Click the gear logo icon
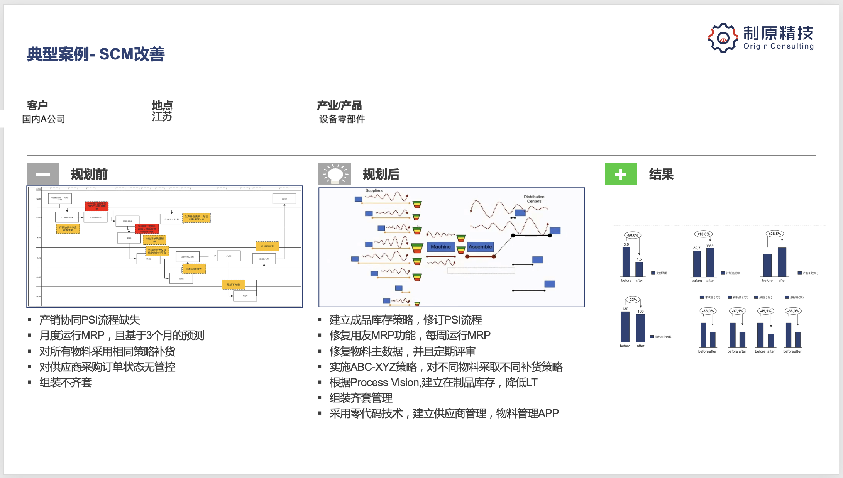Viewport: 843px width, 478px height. pos(723,37)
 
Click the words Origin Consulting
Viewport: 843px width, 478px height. pos(778,46)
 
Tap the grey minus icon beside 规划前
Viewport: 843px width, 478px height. pos(43,174)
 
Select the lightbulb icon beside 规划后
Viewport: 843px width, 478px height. pos(334,174)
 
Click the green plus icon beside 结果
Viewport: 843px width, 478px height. pos(621,175)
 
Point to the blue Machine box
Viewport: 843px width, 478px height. pos(440,247)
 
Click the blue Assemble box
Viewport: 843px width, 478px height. pos(480,247)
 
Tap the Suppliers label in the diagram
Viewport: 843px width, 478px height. pos(374,190)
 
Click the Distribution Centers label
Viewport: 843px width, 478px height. pos(534,199)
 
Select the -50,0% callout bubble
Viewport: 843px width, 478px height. pos(633,235)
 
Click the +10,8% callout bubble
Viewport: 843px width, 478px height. pos(703,234)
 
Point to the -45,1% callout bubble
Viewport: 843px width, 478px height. pos(765,311)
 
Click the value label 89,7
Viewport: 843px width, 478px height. pos(697,248)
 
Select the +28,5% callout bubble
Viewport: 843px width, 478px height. pos(774,234)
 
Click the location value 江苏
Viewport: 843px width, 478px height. pos(162,117)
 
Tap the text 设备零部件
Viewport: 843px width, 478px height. pos(342,119)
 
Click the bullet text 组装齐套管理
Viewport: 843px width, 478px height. pos(361,398)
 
